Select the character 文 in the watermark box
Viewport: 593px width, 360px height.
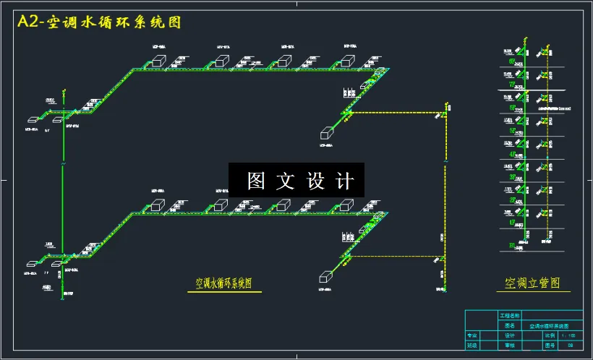pyautogui.click(x=286, y=181)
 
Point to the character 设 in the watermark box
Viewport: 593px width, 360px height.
pyautogui.click(x=316, y=181)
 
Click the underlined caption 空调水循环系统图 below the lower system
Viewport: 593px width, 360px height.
pyautogui.click(x=223, y=283)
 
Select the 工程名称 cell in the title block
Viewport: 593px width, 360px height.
pyautogui.click(x=510, y=317)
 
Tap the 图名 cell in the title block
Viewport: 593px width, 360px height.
pyautogui.click(x=510, y=326)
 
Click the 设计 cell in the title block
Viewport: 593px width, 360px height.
pyautogui.click(x=509, y=335)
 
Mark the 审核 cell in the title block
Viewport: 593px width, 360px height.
pyautogui.click(x=509, y=346)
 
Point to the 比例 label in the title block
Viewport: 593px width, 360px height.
pyautogui.click(x=550, y=335)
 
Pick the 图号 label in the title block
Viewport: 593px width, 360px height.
pyautogui.click(x=550, y=346)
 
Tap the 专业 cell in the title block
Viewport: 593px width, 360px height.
pyautogui.click(x=472, y=335)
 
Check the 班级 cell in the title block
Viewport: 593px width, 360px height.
pyautogui.click(x=472, y=346)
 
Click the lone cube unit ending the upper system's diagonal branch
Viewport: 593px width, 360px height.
pyautogui.click(x=328, y=133)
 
